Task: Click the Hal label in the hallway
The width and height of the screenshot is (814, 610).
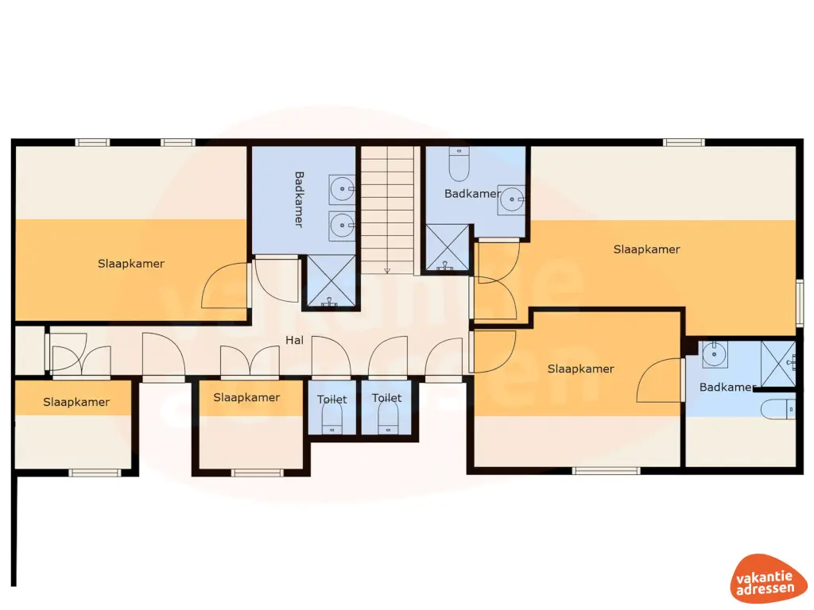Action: pyautogui.click(x=295, y=340)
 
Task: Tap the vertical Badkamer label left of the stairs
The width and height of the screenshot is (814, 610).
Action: pyautogui.click(x=299, y=199)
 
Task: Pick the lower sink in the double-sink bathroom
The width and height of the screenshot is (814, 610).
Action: pyautogui.click(x=343, y=224)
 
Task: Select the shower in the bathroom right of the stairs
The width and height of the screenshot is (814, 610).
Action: pyautogui.click(x=448, y=248)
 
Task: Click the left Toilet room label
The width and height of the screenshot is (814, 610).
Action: pyautogui.click(x=332, y=399)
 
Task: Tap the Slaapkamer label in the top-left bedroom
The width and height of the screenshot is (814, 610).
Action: pyautogui.click(x=131, y=263)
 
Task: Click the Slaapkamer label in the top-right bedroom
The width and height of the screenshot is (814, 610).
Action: pyautogui.click(x=646, y=249)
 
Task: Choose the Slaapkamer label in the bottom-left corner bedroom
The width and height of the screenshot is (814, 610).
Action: pyautogui.click(x=76, y=402)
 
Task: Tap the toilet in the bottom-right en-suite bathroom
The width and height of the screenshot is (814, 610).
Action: pyautogui.click(x=778, y=410)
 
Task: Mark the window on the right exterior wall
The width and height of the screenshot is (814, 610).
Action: pyautogui.click(x=800, y=302)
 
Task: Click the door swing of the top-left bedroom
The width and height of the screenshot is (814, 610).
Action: pyautogui.click(x=227, y=287)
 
